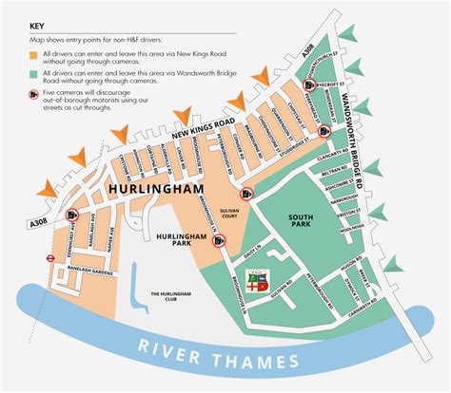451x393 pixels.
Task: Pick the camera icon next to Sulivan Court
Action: point(245,195)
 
